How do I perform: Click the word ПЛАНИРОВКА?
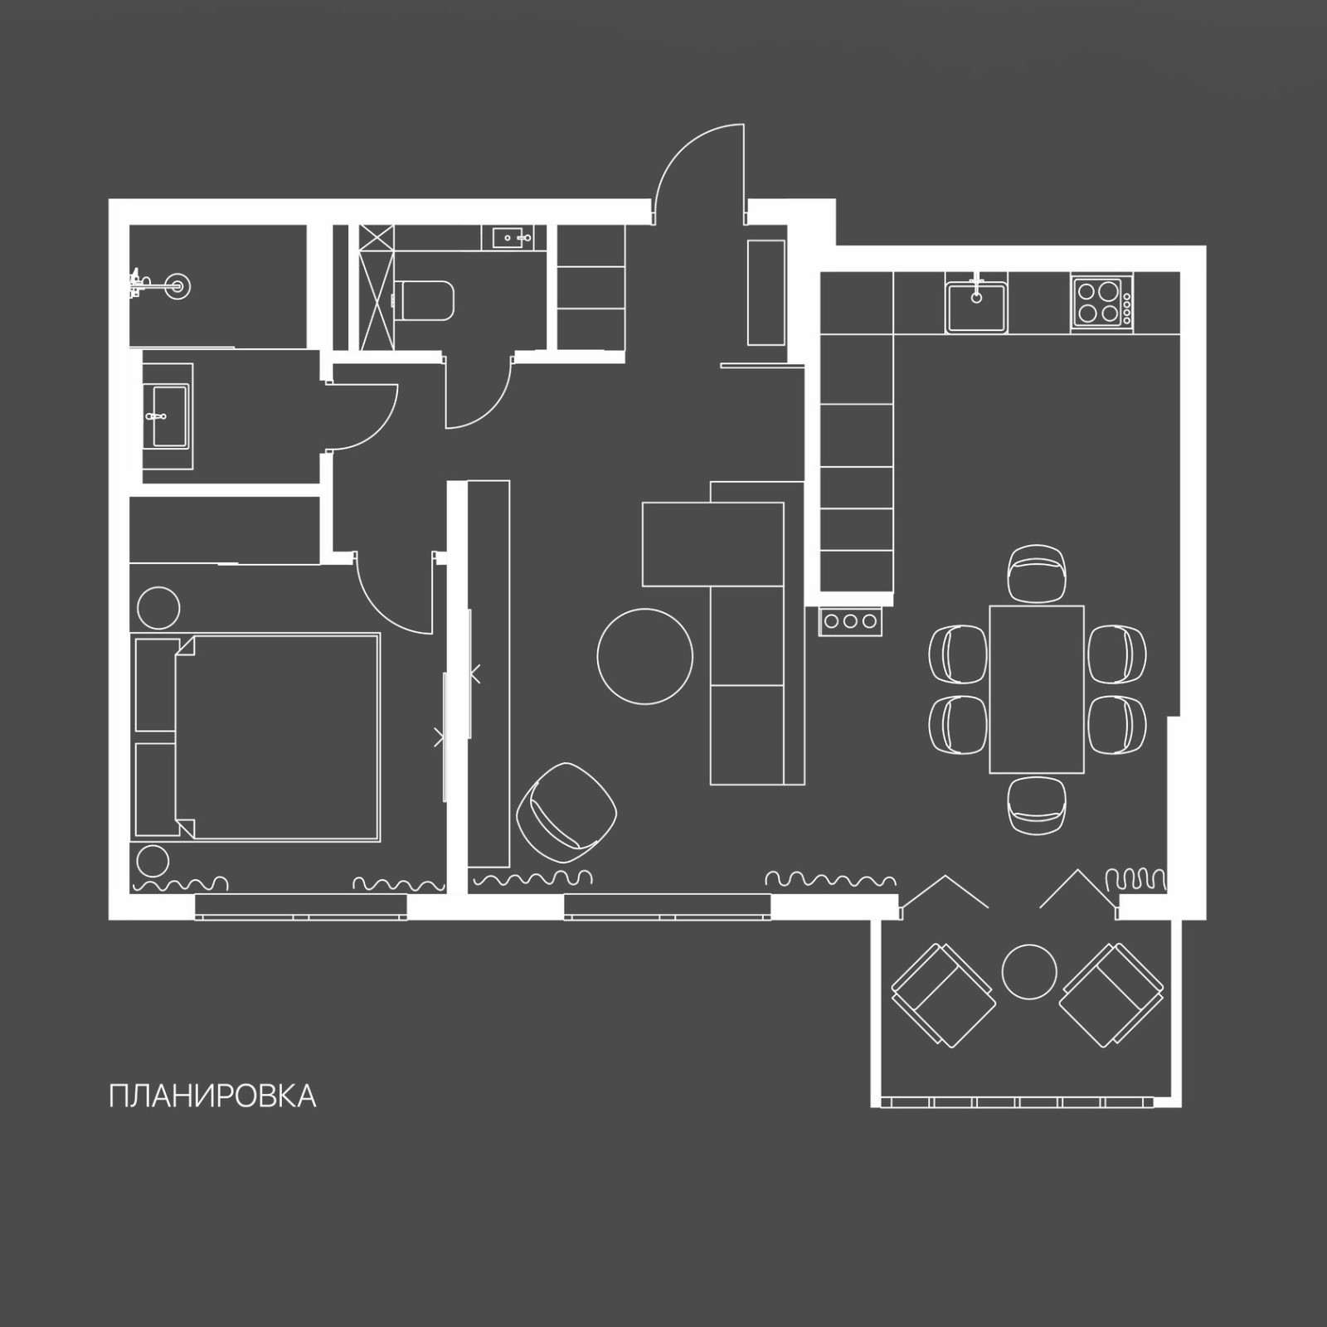pos(212,1096)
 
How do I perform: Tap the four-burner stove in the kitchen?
pos(1101,303)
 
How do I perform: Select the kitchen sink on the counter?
pos(976,304)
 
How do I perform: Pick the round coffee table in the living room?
pos(644,656)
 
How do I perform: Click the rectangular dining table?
pos(1036,689)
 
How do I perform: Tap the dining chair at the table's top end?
pos(1036,572)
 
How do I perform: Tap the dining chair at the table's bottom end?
pos(1036,804)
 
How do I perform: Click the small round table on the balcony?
pos(1029,971)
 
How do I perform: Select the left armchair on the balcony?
pos(944,994)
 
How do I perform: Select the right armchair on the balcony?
pos(1111,994)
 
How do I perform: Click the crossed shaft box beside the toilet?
pos(377,287)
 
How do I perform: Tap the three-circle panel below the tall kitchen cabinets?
pos(851,621)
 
